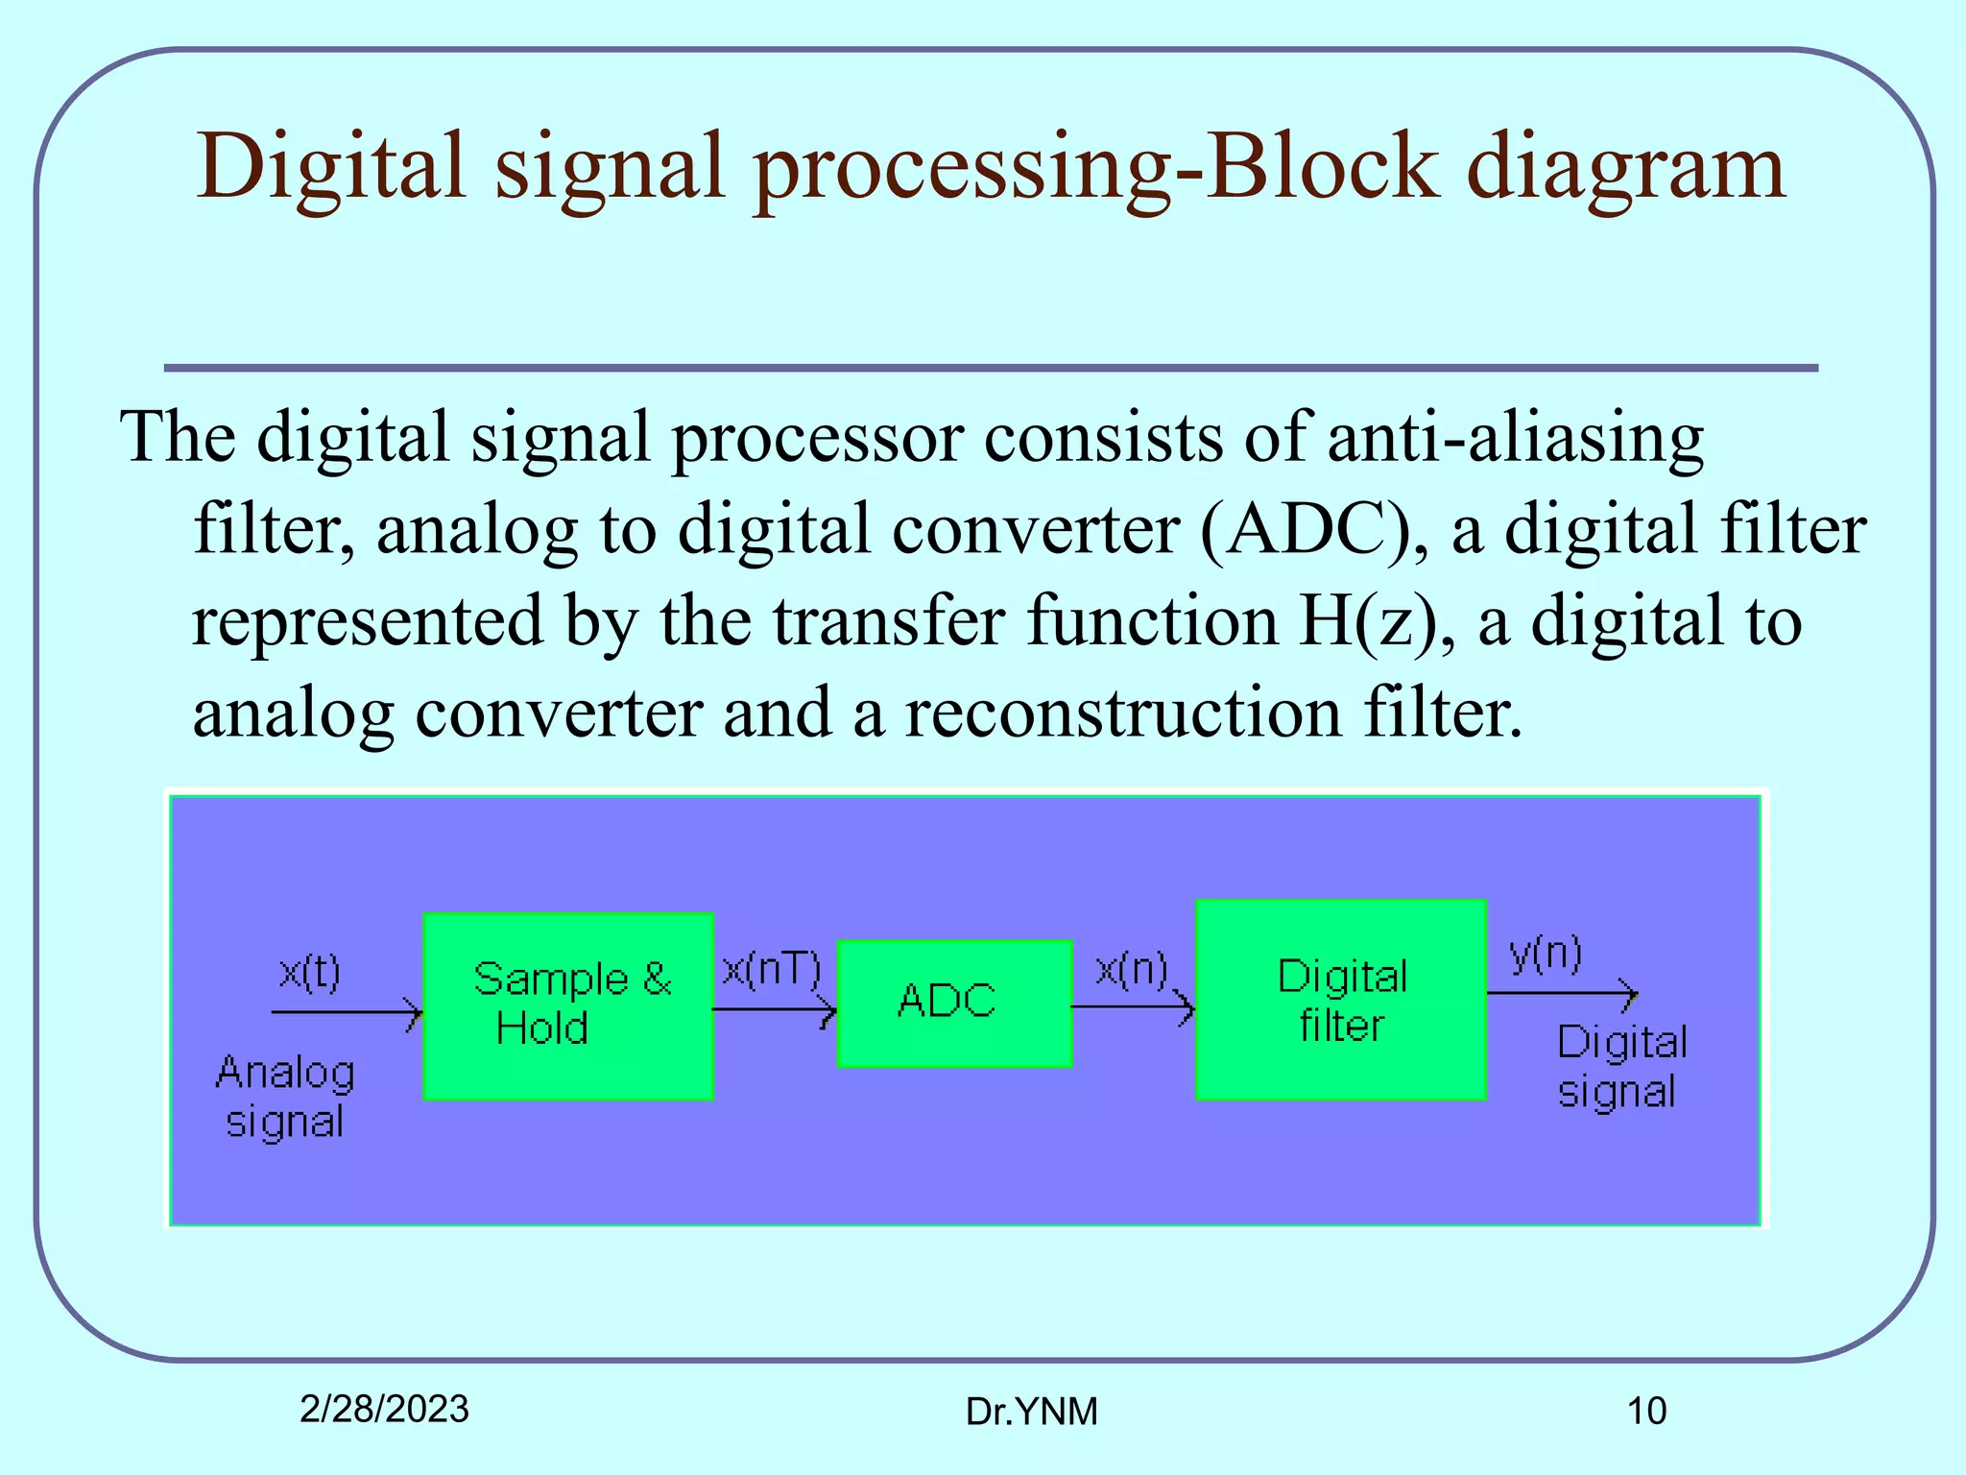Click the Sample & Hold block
pos(568,1005)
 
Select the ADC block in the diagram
pos(954,1003)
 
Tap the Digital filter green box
pos(1341,1000)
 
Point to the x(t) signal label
pos(309,973)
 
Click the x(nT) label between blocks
pos(772,970)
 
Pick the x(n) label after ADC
pos(1132,970)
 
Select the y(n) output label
pos(1546,953)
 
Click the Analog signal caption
pos(285,1097)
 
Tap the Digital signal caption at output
pos(1621,1067)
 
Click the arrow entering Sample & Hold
pos(346,1012)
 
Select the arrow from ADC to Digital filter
pos(1133,1007)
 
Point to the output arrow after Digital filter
pos(1562,993)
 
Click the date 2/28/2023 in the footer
pos(384,1409)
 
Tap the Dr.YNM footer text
pos(1031,1412)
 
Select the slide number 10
pos(1645,1411)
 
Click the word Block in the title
pos(1323,166)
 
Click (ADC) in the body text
pos(1306,529)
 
